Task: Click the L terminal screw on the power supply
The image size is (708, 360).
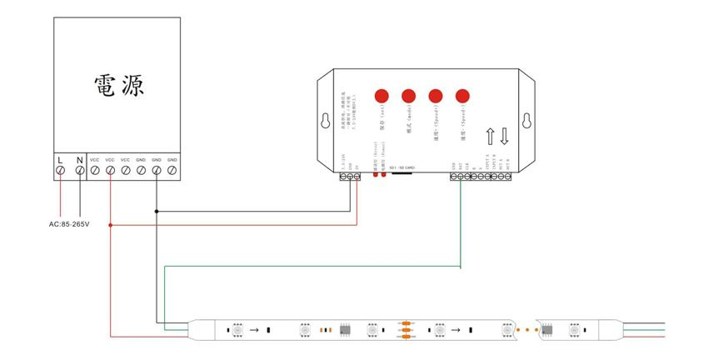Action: pyautogui.click(x=61, y=171)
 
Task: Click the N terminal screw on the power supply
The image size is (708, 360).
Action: pyautogui.click(x=79, y=171)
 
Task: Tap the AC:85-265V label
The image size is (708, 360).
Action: pyautogui.click(x=69, y=225)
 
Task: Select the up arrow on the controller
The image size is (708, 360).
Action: pyautogui.click(x=491, y=136)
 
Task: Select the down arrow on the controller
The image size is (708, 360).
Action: pyautogui.click(x=504, y=136)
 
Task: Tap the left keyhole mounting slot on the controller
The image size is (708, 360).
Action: pyautogui.click(x=324, y=120)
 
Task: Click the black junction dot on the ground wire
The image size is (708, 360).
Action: pyautogui.click(x=156, y=212)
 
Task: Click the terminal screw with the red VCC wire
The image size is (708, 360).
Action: pyautogui.click(x=110, y=171)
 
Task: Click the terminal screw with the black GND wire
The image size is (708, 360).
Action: pyautogui.click(x=156, y=171)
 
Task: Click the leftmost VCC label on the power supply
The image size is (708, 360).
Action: pyautogui.click(x=94, y=159)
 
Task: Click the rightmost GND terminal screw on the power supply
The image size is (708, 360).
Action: pyautogui.click(x=172, y=171)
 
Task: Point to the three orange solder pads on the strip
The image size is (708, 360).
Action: pyautogui.click(x=406, y=331)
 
